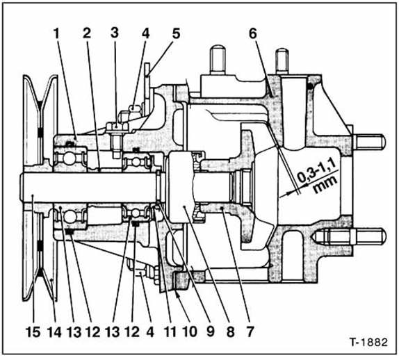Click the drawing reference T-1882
pos(367,343)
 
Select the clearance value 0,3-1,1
pos(315,170)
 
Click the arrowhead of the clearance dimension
pos(281,197)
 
